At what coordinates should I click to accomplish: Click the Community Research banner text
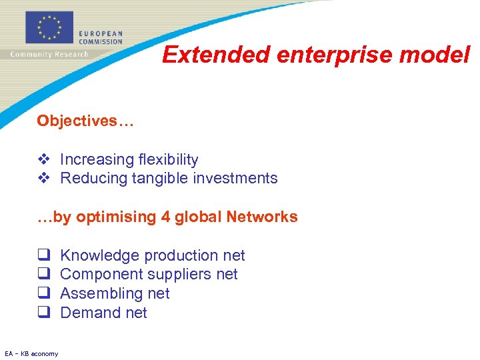pos(49,54)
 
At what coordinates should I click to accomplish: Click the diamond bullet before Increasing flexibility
pos(43,159)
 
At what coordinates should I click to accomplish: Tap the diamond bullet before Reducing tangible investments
pos(43,178)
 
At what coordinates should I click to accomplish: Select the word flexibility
pos(168,159)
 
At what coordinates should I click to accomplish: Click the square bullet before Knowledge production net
pos(43,255)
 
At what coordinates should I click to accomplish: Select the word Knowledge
pos(100,255)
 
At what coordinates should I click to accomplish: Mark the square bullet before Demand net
pos(43,313)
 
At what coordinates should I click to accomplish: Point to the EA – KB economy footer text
pos(31,353)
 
